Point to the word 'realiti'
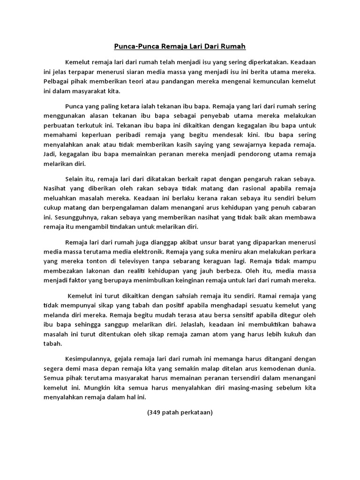pyautogui.click(x=145, y=271)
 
